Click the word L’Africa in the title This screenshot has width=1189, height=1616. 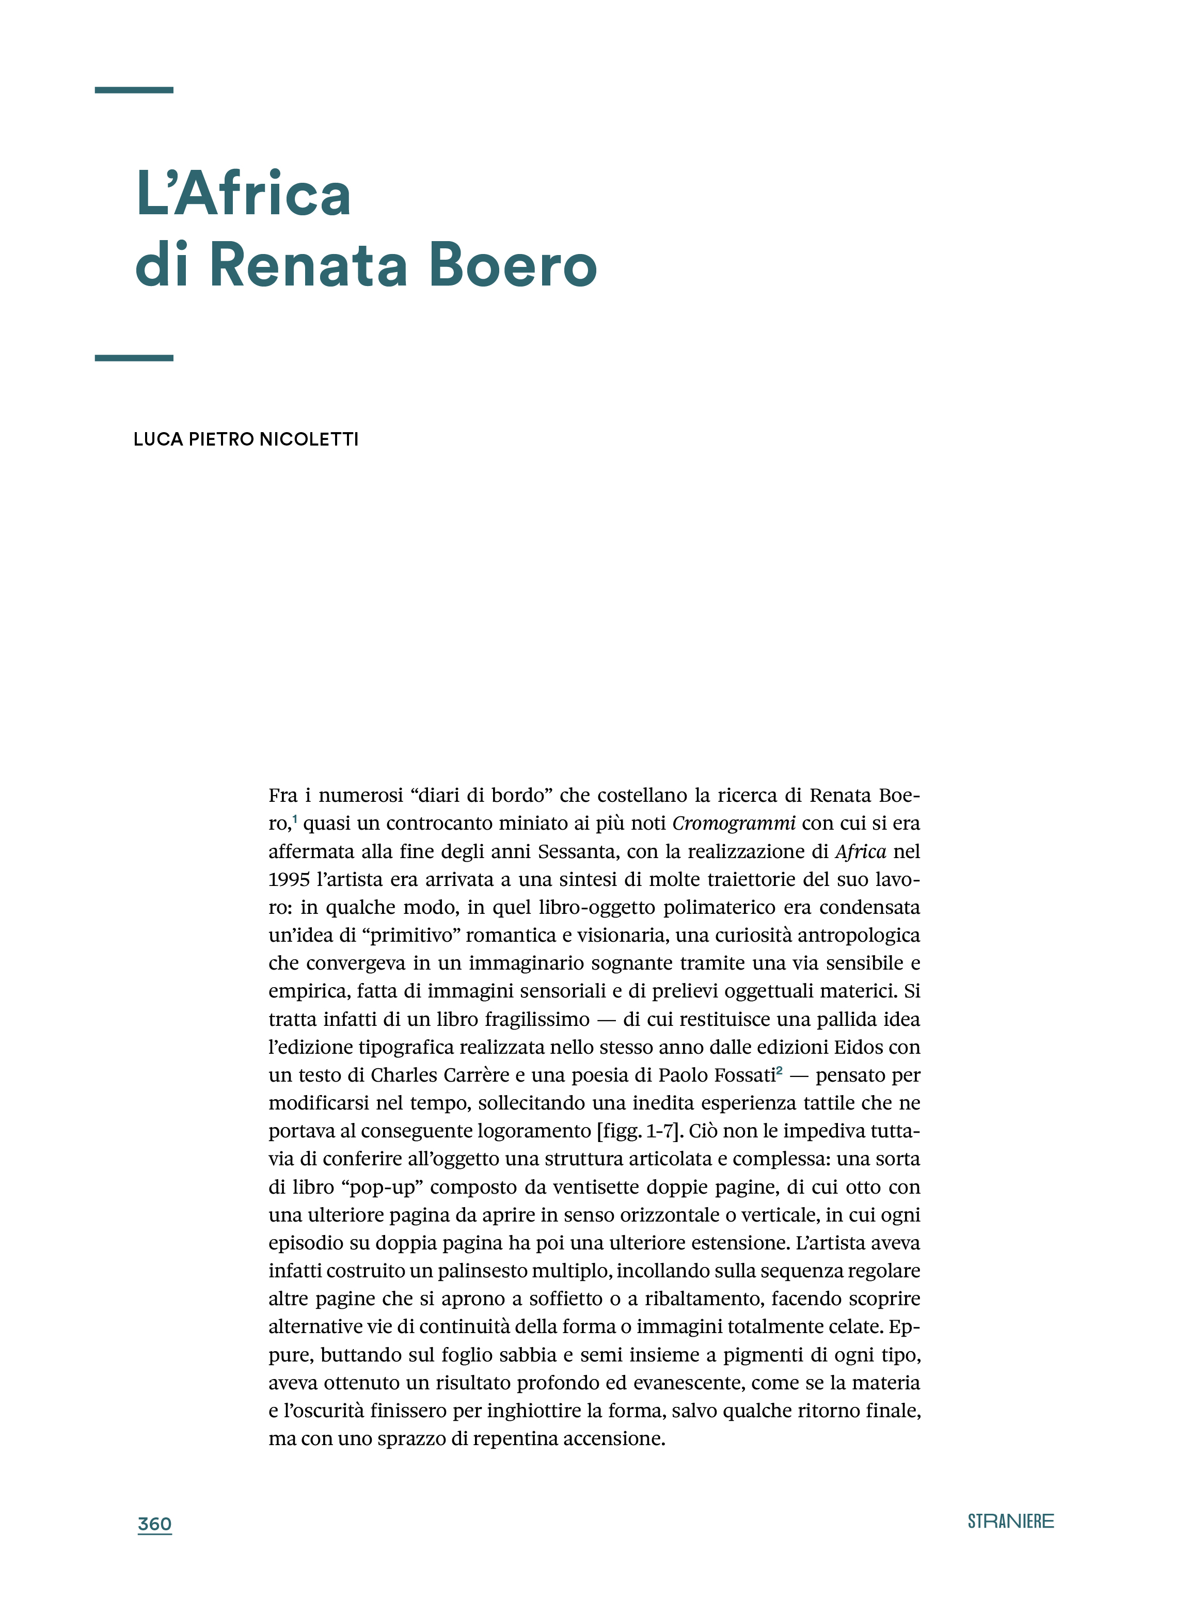pyautogui.click(x=243, y=194)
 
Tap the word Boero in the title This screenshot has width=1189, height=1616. pyautogui.click(x=513, y=265)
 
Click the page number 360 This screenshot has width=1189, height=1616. pyautogui.click(x=155, y=1524)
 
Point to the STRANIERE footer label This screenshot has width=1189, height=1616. pyautogui.click(x=1010, y=1521)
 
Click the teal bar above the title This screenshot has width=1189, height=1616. pyautogui.click(x=134, y=90)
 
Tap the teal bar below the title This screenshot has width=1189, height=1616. pyautogui.click(x=134, y=358)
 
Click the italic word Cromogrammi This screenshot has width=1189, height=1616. pyautogui.click(x=734, y=823)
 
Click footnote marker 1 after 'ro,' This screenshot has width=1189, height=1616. pyautogui.click(x=295, y=818)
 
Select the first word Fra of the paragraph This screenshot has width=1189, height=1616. pyautogui.click(x=283, y=796)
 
